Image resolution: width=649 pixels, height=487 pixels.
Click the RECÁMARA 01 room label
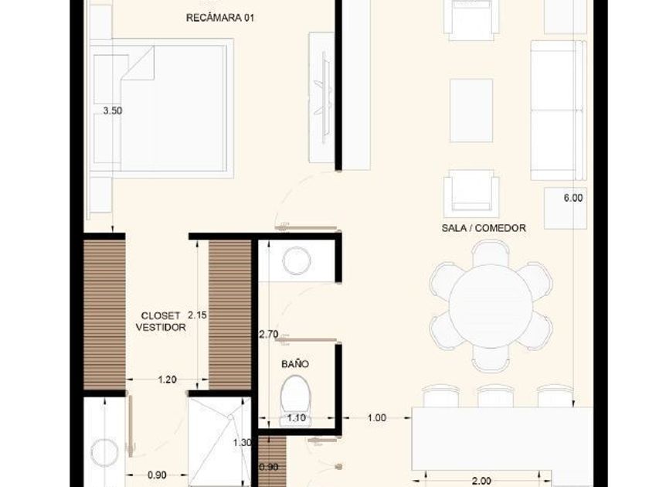tap(219, 18)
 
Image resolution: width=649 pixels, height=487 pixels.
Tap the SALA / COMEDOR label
tap(484, 228)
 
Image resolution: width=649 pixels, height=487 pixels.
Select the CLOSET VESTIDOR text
tap(161, 322)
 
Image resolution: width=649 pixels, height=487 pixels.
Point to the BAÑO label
tap(294, 363)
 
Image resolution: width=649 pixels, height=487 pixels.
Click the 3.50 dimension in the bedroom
tap(113, 111)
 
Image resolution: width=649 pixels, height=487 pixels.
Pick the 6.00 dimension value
tap(573, 198)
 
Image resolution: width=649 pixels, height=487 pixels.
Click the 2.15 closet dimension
tap(197, 315)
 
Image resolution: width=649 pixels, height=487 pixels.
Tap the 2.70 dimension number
tap(268, 334)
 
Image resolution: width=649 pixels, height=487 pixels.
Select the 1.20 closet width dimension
tap(167, 379)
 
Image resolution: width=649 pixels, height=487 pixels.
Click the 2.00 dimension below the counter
tap(481, 481)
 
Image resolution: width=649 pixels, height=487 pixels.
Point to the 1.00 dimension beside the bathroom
tap(377, 418)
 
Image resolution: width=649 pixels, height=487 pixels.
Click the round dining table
tap(491, 306)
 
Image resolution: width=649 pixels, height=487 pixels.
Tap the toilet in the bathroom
tap(295, 400)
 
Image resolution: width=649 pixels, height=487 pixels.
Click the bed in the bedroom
tap(161, 108)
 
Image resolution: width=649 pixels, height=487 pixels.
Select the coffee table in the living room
tap(471, 111)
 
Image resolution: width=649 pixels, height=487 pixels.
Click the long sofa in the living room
tap(559, 110)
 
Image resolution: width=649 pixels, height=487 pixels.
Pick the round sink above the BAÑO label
tap(297, 261)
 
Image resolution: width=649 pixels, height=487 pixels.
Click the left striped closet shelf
tap(104, 315)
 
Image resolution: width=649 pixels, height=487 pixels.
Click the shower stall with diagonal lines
tap(219, 442)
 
